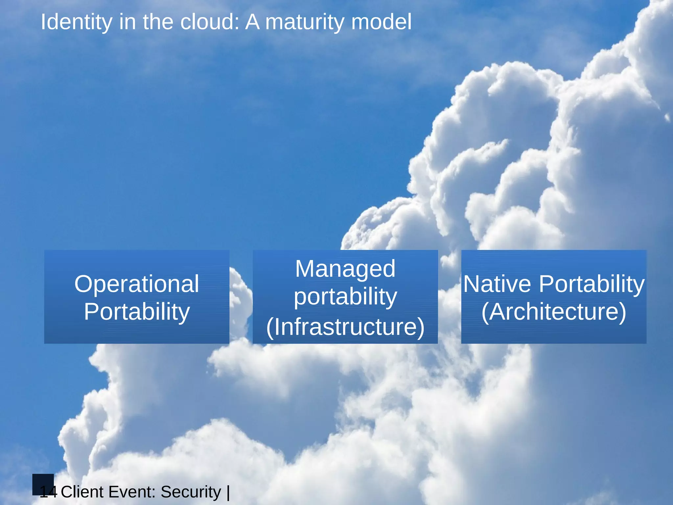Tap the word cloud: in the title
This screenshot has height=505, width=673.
tap(210, 22)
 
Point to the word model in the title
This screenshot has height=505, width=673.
tap(381, 22)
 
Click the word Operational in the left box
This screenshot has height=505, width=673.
tap(136, 284)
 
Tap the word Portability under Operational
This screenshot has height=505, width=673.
tap(136, 311)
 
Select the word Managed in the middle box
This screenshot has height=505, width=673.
tap(345, 269)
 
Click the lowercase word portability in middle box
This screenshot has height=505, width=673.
tap(345, 297)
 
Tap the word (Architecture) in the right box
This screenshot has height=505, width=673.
tap(554, 311)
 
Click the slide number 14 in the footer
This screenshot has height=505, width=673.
tap(48, 492)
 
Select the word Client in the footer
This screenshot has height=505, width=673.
tap(82, 492)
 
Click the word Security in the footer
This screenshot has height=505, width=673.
tap(191, 492)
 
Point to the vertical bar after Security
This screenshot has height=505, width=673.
tap(228, 492)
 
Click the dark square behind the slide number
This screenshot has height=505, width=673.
tap(43, 481)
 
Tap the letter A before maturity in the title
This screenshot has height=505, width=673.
tap(252, 22)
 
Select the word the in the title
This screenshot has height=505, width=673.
tap(158, 22)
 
